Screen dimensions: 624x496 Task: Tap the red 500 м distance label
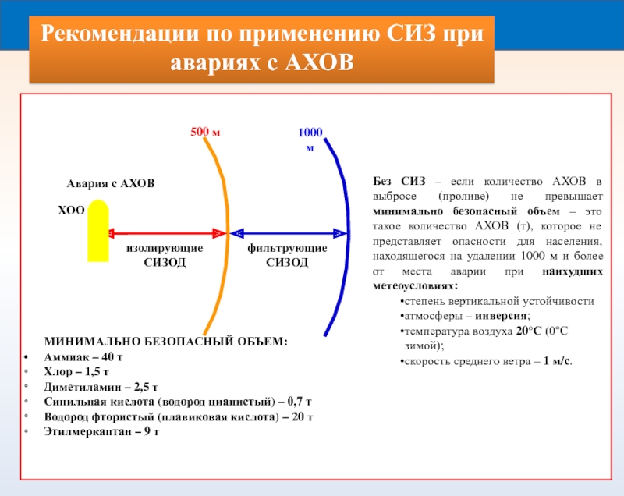click(x=206, y=132)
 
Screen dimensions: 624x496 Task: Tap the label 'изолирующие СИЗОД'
click(x=165, y=255)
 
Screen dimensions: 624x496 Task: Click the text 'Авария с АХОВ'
click(x=110, y=183)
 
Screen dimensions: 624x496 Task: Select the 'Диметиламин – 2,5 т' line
click(x=101, y=387)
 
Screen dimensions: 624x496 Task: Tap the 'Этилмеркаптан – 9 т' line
click(x=101, y=431)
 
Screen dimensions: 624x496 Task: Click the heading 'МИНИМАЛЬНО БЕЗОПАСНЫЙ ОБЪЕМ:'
click(x=165, y=342)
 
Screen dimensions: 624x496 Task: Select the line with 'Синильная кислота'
click(x=178, y=402)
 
